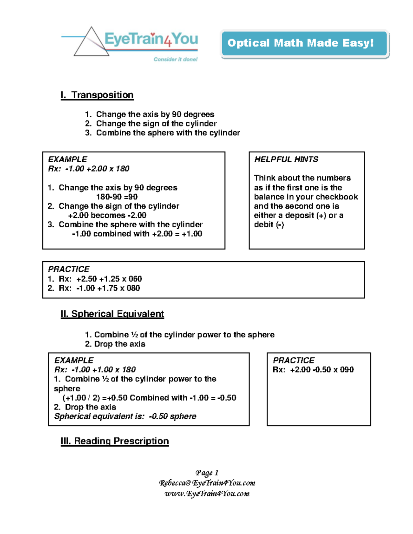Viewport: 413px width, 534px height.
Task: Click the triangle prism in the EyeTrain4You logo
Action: click(91, 43)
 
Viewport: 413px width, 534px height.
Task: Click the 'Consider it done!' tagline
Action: click(176, 59)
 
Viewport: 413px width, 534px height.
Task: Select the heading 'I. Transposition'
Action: click(97, 95)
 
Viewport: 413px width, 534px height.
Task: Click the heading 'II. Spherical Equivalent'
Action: click(112, 314)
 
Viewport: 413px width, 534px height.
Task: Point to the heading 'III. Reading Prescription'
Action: click(115, 441)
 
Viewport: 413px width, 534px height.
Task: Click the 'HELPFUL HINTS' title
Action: click(286, 160)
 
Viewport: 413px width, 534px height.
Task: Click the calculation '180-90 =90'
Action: click(117, 197)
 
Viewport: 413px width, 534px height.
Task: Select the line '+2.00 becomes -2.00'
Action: click(107, 216)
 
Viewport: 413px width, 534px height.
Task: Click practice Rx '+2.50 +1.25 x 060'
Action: click(109, 279)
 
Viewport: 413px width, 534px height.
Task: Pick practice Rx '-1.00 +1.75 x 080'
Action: click(108, 288)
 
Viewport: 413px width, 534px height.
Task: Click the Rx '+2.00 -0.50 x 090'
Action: click(321, 370)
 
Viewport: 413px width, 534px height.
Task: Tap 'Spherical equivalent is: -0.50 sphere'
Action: click(125, 416)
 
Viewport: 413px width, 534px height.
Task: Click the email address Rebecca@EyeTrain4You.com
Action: click(207, 483)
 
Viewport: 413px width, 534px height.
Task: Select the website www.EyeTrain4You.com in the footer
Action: click(207, 494)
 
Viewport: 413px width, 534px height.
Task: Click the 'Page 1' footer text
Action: click(207, 473)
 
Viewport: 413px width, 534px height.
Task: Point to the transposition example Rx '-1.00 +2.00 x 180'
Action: click(97, 169)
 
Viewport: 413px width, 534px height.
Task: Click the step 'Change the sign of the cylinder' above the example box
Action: click(156, 123)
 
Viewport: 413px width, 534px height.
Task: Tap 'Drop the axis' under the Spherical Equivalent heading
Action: click(119, 344)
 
